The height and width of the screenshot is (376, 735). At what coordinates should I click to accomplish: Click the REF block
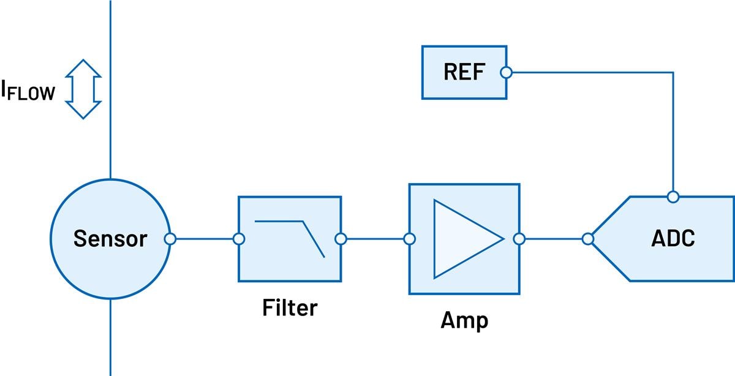point(464,72)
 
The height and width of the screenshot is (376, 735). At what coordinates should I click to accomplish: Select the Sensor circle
point(110,239)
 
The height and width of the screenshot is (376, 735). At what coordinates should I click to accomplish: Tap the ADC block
point(673,239)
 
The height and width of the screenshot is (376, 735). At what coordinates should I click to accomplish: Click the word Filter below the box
point(290,307)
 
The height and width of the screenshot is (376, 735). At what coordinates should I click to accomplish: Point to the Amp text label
point(464,320)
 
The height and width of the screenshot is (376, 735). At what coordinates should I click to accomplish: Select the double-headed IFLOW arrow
point(83,89)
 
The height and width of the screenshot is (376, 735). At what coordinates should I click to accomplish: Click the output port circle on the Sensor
point(171,239)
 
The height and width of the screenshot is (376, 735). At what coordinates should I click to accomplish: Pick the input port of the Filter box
point(239,239)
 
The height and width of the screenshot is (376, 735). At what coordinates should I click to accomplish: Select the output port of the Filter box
point(341,239)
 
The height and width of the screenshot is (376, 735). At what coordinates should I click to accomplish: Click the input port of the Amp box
point(410,239)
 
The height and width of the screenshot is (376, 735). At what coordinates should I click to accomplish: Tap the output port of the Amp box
point(519,239)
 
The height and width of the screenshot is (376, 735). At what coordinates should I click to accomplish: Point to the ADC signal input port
point(588,239)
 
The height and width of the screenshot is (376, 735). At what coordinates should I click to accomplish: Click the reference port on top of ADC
point(673,197)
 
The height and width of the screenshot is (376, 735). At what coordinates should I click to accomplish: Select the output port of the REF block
point(506,72)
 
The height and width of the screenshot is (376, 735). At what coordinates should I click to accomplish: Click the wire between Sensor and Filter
point(205,239)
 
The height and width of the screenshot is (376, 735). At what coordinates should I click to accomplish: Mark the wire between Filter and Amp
point(375,239)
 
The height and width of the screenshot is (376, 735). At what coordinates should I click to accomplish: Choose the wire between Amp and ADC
point(553,239)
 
